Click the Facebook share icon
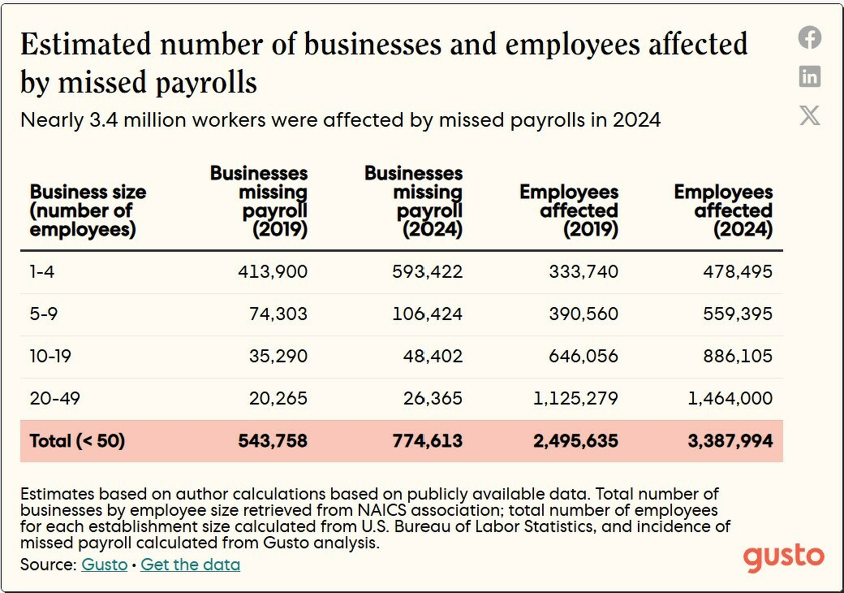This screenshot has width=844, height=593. point(809,37)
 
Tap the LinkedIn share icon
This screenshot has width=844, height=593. point(809,76)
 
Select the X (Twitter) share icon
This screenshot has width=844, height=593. point(809,115)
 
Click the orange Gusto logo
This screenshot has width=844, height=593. point(783,558)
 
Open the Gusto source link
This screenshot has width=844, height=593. point(104,565)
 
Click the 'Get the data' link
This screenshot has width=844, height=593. point(190,565)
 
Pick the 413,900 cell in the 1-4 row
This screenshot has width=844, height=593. point(273,272)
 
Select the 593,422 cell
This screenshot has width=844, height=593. point(427,272)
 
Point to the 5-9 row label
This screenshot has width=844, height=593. point(44,314)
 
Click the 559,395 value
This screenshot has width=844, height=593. point(738,314)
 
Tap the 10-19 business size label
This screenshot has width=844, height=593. point(51,357)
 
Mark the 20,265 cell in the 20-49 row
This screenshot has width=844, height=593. point(278,399)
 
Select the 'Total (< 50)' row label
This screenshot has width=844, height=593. point(77,441)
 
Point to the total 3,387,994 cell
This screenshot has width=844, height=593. point(730,441)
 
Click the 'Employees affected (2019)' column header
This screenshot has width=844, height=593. point(570,211)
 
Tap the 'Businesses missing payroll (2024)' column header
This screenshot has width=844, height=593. point(414,201)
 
